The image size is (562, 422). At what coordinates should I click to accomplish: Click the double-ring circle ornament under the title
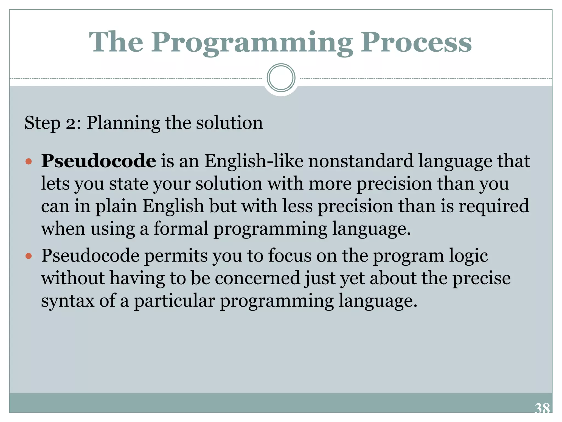tap(281, 78)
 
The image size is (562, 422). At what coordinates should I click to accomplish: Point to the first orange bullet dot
tap(29, 161)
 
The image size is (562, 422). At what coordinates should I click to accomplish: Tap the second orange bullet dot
tap(29, 256)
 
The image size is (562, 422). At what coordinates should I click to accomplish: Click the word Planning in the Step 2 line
tap(123, 123)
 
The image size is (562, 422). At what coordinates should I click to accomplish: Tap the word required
tap(494, 206)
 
